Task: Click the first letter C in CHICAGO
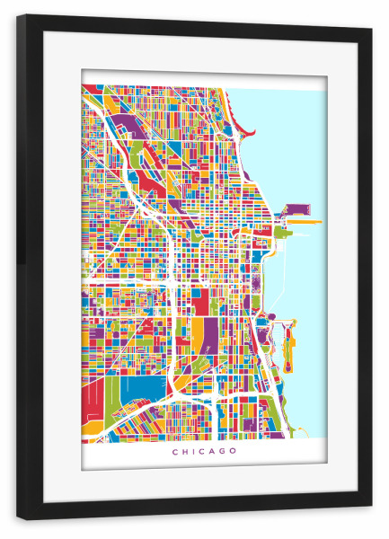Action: [174, 451]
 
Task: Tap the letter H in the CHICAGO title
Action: [184, 451]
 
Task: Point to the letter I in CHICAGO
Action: [192, 451]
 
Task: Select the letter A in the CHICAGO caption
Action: [211, 451]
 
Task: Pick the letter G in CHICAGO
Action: [222, 451]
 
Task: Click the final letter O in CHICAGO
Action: [234, 451]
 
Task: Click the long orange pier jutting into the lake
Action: [303, 216]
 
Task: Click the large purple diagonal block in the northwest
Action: [121, 121]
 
